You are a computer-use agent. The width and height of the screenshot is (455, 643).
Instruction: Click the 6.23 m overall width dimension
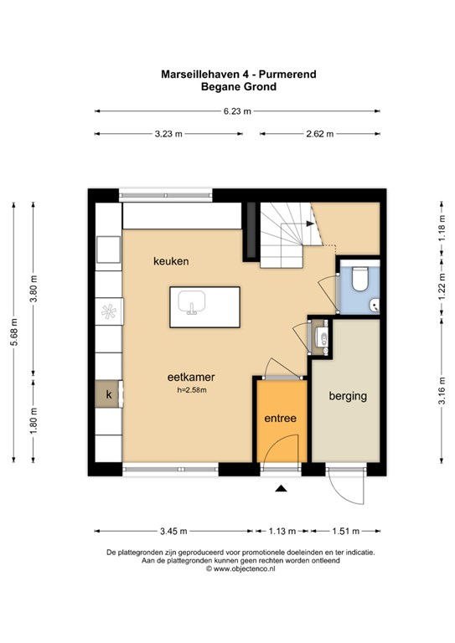[x=237, y=111]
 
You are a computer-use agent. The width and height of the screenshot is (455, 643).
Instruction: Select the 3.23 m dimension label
[x=168, y=134]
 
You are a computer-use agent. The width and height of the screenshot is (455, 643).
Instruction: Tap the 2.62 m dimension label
[x=320, y=134]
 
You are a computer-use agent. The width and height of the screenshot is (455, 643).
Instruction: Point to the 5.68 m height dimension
[x=13, y=332]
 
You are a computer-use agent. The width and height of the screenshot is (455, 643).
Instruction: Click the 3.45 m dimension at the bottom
[x=173, y=531]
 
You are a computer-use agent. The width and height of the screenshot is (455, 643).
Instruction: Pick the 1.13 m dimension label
[x=282, y=531]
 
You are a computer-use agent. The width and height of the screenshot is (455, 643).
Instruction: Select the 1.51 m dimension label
[x=346, y=531]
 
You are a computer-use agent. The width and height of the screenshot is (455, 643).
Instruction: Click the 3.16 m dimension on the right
[x=442, y=390]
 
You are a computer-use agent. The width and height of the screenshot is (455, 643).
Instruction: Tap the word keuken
[x=171, y=261]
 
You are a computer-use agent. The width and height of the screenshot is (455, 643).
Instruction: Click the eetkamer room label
[x=191, y=377]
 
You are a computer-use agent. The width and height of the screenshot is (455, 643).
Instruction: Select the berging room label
[x=348, y=396]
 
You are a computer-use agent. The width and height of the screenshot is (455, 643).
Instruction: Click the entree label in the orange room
[x=280, y=419]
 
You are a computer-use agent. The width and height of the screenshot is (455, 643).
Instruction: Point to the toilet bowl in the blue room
[x=360, y=279]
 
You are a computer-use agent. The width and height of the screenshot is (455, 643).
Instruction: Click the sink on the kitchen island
[x=191, y=302]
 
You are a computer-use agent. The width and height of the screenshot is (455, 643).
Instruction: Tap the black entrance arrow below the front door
[x=281, y=487]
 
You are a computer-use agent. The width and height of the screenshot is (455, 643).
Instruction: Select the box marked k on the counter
[x=109, y=394]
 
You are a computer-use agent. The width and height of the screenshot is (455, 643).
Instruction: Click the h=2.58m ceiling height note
[x=192, y=390]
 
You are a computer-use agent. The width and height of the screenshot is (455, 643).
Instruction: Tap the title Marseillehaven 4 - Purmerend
[x=238, y=75]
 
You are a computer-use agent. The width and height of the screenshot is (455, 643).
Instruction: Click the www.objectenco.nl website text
[x=244, y=568]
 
